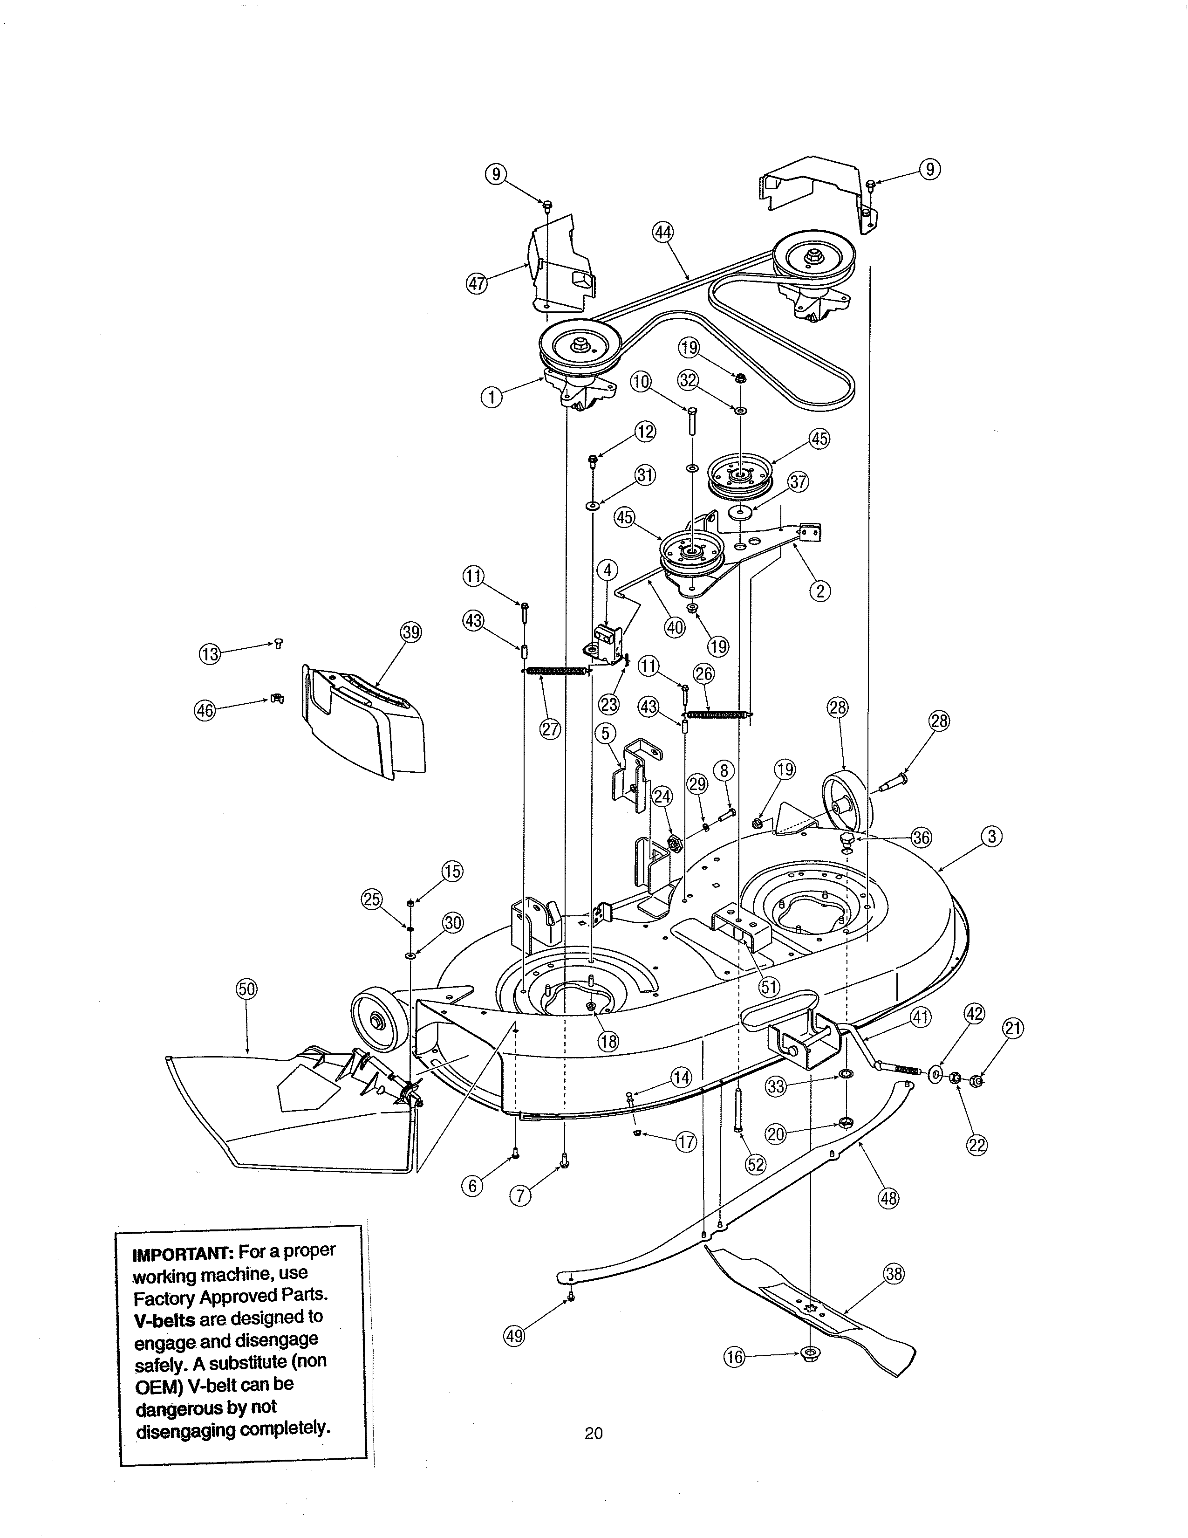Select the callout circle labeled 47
click(x=477, y=284)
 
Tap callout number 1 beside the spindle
click(x=492, y=398)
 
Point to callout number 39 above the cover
click(x=411, y=632)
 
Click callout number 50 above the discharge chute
click(x=246, y=989)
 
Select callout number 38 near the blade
click(x=893, y=1274)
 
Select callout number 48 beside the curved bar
click(x=889, y=1198)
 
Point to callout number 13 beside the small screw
click(x=210, y=654)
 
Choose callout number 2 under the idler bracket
click(x=819, y=591)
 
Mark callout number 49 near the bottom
click(x=514, y=1336)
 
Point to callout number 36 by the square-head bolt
click(x=921, y=838)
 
